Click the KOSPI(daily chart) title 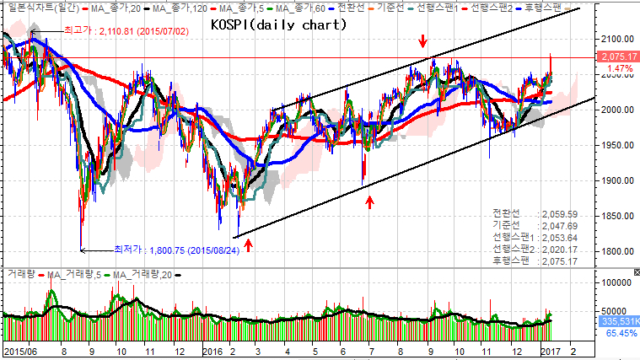point(277,25)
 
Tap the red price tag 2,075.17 point(616,57)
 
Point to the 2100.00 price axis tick point(616,39)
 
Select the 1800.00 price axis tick point(616,251)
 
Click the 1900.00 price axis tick point(616,180)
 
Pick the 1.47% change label point(620,68)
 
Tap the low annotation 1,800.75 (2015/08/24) point(182,250)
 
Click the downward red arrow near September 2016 point(422,41)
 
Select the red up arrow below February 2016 point(248,244)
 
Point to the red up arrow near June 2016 point(369,201)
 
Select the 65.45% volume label point(620,333)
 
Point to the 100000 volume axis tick point(616,283)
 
